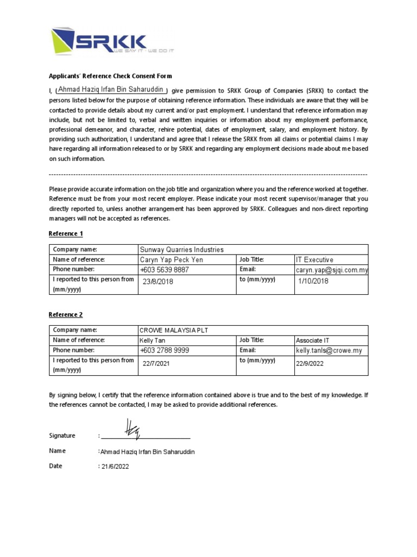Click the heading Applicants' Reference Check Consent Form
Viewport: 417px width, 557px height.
tap(110, 76)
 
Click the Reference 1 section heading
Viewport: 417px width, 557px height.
tap(66, 234)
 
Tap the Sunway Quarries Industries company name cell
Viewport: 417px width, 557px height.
tap(181, 250)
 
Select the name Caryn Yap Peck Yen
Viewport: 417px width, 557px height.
tap(171, 260)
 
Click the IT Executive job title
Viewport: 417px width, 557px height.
tap(314, 260)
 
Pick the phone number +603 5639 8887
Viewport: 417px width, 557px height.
tap(165, 270)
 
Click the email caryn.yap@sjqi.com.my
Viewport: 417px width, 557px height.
tap(332, 270)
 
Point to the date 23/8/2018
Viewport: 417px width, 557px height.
tap(158, 282)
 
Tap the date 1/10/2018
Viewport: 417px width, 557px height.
tap(313, 281)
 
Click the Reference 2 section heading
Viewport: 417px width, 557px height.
tap(66, 315)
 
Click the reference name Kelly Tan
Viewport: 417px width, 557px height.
tap(153, 341)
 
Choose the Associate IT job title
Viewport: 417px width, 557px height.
tap(312, 341)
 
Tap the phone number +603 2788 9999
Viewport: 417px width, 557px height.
tap(165, 351)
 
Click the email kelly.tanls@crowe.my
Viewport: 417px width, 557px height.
tap(328, 351)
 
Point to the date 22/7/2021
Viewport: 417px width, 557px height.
tap(156, 363)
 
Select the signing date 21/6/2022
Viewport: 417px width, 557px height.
tap(115, 467)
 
